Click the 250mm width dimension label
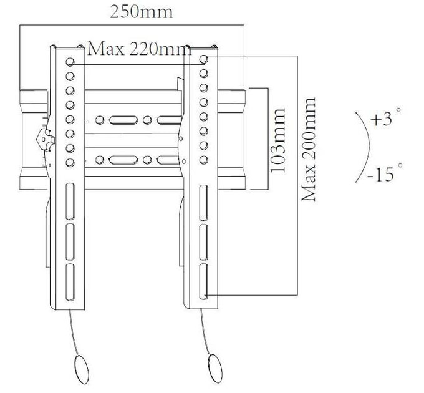[141, 12]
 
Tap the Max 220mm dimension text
[140, 49]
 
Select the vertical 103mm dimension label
[278, 140]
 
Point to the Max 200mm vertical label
[309, 149]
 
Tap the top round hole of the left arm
[70, 62]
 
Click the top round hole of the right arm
[204, 59]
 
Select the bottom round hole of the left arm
[70, 163]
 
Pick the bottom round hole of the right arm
[204, 160]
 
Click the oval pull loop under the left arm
[82, 369]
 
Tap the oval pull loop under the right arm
[215, 369]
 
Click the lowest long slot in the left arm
[70, 282]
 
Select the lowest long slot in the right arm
[204, 281]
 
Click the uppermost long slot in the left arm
[70, 201]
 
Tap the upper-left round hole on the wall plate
[100, 120]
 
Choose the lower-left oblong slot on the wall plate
[123, 160]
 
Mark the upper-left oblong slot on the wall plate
[123, 120]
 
